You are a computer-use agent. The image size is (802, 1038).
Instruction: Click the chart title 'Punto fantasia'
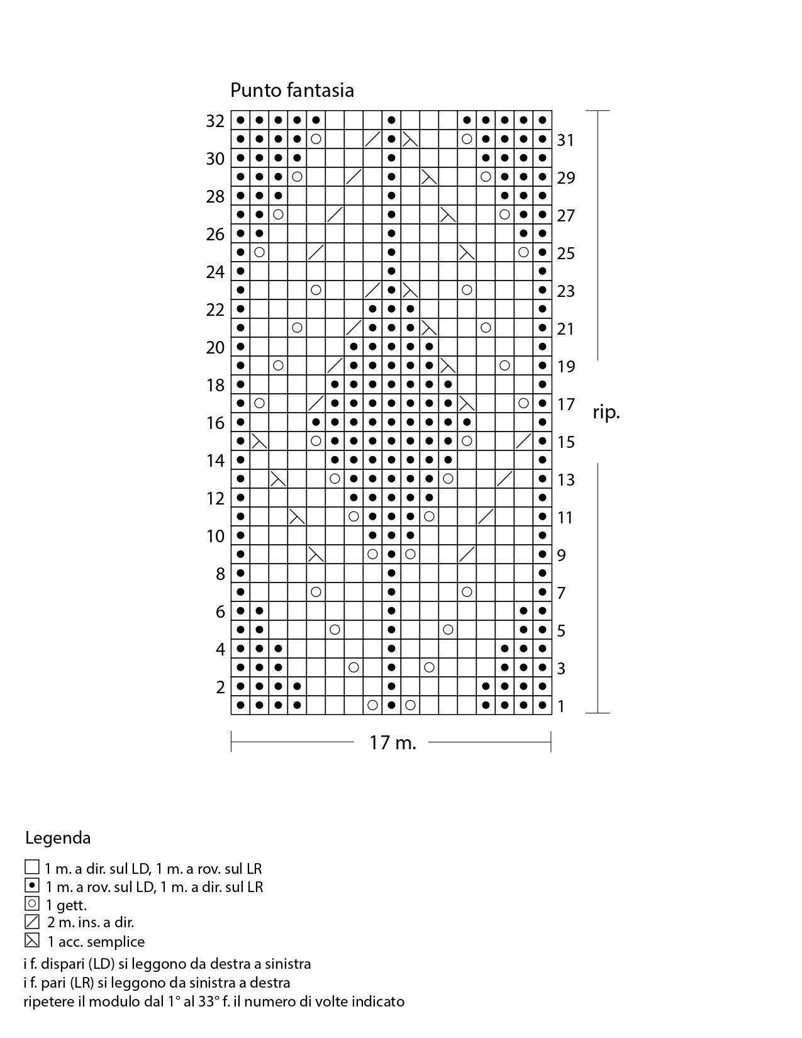(x=292, y=90)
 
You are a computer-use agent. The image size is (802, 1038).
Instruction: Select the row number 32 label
(x=215, y=121)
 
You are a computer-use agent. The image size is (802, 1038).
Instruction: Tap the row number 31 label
(x=565, y=140)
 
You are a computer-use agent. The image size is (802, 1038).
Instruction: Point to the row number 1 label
(x=562, y=706)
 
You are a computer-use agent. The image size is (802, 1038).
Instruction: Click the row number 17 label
(x=566, y=404)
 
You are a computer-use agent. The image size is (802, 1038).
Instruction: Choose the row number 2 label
(x=220, y=687)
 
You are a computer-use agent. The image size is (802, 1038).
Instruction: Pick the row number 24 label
(x=215, y=272)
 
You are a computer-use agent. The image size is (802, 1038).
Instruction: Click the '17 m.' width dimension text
(x=393, y=743)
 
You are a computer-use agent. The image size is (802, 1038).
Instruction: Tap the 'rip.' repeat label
(x=606, y=413)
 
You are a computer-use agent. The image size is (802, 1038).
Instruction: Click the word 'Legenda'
(x=58, y=838)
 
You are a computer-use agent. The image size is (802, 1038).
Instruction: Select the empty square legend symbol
(x=31, y=868)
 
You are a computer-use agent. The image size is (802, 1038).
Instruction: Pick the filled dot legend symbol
(x=31, y=886)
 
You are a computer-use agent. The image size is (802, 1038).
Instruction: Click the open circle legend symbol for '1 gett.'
(x=31, y=904)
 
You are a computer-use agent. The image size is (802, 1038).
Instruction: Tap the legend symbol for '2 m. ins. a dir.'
(x=31, y=922)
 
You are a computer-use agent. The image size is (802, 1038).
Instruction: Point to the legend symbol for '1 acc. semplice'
(x=31, y=941)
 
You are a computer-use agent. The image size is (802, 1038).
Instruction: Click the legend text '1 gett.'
(x=67, y=905)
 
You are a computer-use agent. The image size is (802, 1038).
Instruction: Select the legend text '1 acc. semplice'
(x=96, y=942)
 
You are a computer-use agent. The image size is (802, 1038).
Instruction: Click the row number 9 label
(x=562, y=555)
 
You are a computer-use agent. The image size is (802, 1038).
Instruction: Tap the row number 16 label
(x=215, y=423)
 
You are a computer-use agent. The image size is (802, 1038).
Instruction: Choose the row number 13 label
(x=566, y=479)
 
